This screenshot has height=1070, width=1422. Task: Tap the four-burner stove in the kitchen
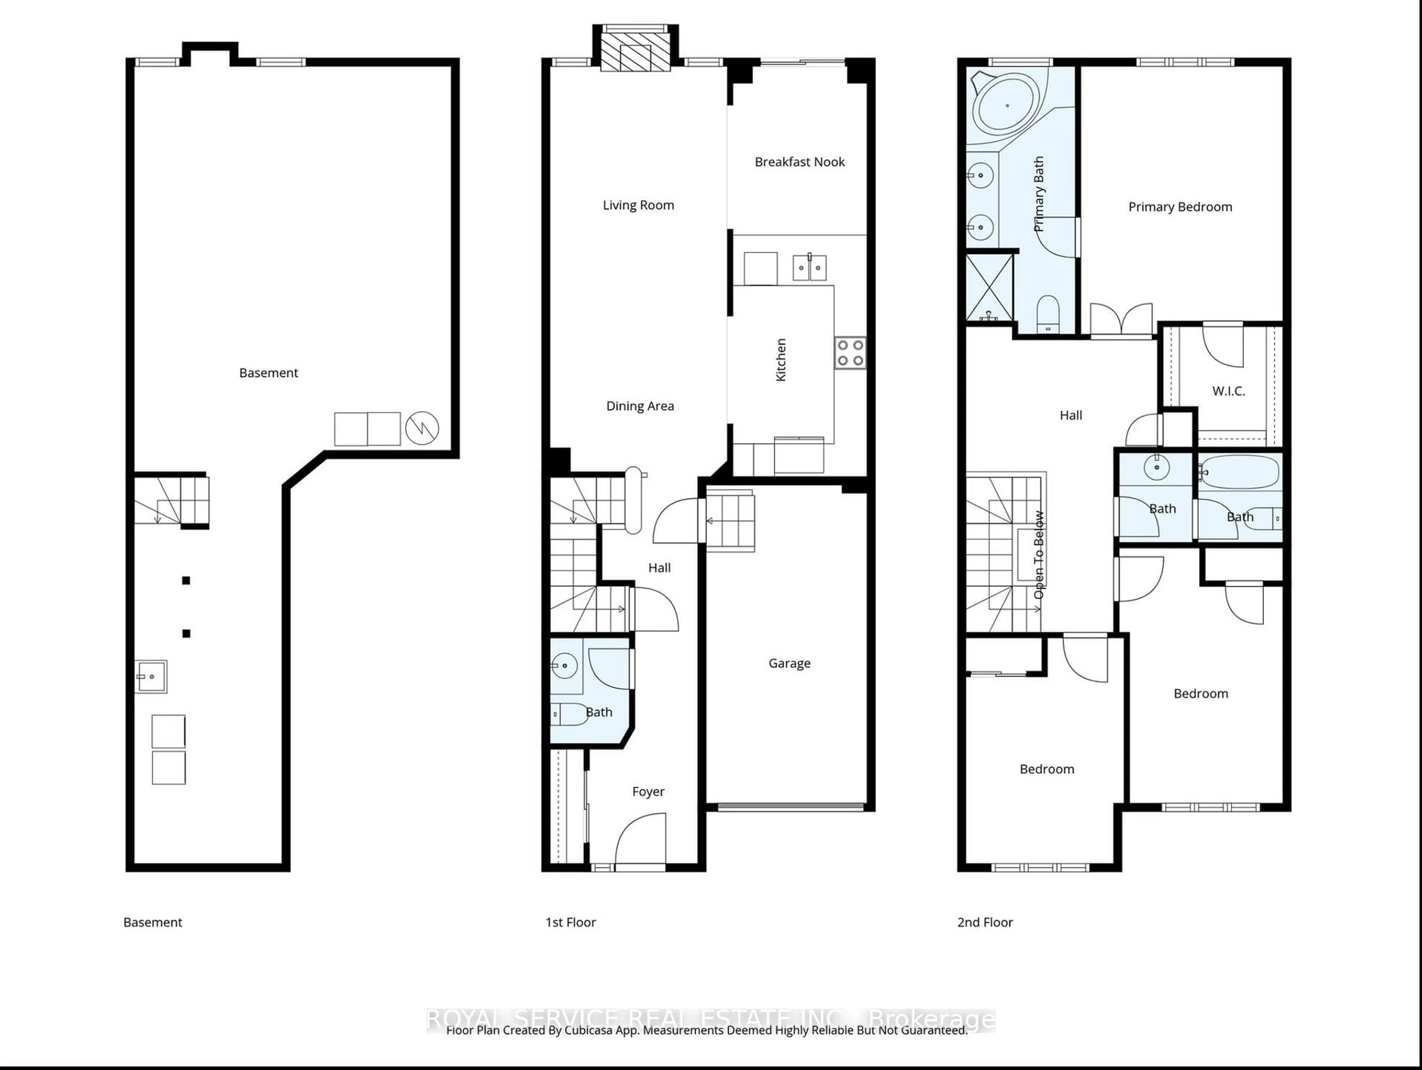[x=850, y=353]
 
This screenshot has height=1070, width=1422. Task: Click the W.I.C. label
[x=1228, y=391]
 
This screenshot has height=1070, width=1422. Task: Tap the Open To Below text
[x=1039, y=554]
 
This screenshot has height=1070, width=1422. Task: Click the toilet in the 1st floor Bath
[x=568, y=714]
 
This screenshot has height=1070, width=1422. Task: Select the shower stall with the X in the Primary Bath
[x=990, y=288]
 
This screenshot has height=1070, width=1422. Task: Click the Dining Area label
[x=640, y=406]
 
